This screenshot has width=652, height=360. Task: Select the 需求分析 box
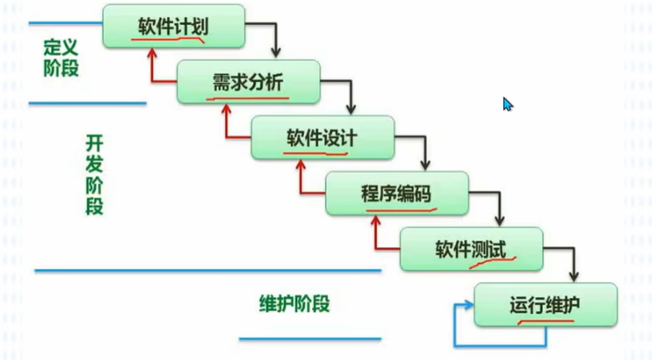(x=248, y=82)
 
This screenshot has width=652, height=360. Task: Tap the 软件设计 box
(x=321, y=138)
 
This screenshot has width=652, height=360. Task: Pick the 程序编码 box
(x=396, y=194)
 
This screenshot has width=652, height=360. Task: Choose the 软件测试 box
(x=470, y=250)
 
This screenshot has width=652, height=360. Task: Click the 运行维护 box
(x=545, y=305)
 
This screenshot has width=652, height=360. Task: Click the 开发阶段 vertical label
(x=93, y=175)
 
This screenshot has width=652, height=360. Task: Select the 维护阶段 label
(x=294, y=303)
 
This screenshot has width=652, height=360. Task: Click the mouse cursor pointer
(x=507, y=104)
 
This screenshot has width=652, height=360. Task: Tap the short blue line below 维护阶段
(x=310, y=339)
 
